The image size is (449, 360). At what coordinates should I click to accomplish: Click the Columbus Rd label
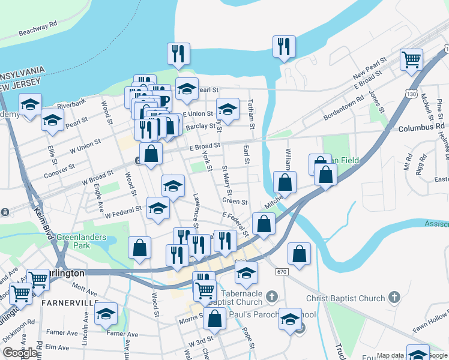421,128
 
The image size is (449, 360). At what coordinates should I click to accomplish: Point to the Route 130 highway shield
411,94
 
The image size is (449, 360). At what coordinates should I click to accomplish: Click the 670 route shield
282,272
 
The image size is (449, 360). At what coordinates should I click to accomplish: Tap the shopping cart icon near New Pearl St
412,59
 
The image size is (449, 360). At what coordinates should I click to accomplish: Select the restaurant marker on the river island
283,46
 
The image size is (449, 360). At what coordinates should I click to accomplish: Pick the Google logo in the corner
20,353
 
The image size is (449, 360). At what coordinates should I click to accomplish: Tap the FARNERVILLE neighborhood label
68,303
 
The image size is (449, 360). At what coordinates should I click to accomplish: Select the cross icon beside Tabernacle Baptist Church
271,297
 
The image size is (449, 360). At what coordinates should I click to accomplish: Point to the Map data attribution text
390,356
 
